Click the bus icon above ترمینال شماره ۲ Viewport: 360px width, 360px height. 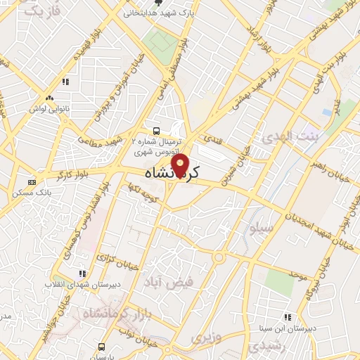tap(156, 131)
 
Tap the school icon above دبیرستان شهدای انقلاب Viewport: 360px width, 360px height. tap(82, 274)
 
